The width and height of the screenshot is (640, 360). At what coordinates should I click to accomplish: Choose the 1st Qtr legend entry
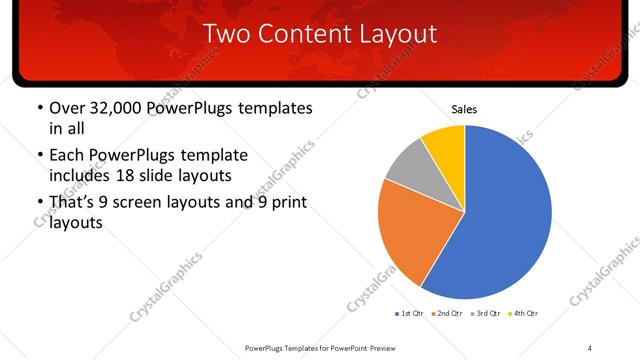click(409, 314)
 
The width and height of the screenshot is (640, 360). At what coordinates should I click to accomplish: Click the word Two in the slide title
click(225, 34)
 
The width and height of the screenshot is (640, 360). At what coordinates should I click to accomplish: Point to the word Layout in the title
click(400, 34)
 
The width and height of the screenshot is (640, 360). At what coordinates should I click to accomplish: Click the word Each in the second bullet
click(67, 156)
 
